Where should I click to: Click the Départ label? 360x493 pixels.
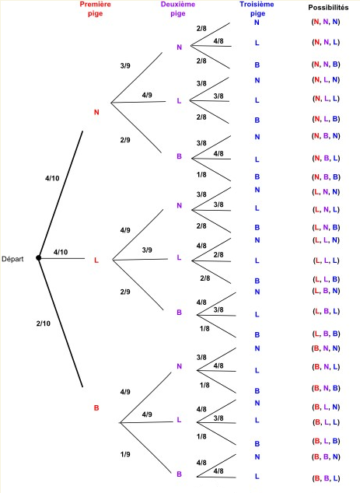16,259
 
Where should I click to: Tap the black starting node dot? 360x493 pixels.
38,258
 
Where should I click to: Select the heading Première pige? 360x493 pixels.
96,9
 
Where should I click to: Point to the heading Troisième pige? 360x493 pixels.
257,9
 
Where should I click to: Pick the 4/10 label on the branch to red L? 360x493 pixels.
61,252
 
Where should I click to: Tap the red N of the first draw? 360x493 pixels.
96,112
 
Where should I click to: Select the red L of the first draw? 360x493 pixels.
96,260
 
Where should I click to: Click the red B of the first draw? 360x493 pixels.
96,407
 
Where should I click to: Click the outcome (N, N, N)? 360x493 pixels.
325,23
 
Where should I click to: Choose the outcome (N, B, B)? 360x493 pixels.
325,177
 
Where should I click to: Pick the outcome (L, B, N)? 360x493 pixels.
325,292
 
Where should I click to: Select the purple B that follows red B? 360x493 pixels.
179,474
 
